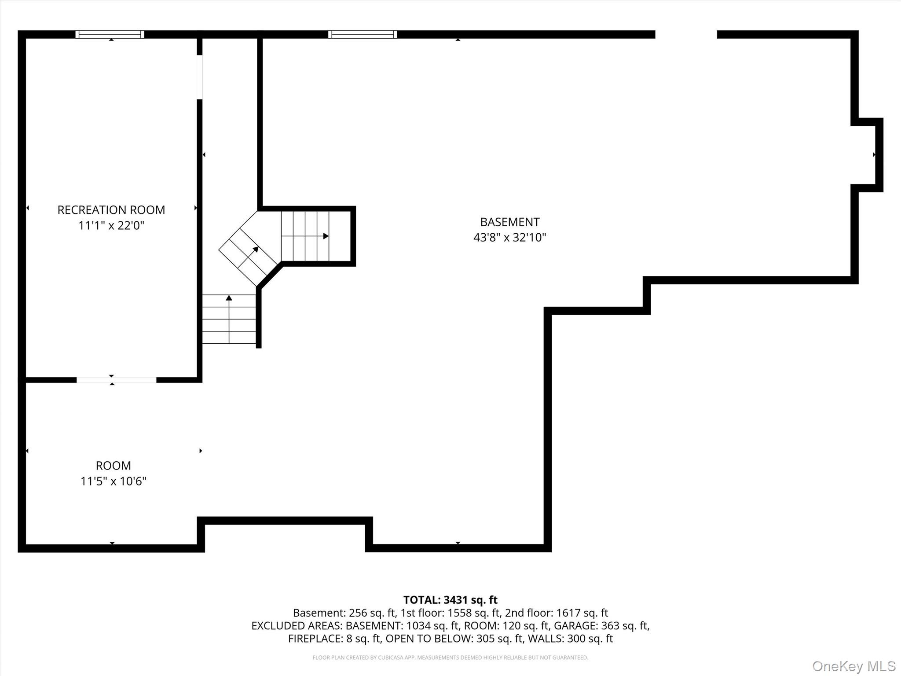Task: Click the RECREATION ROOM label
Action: coord(111,210)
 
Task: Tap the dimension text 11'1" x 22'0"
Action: coord(111,226)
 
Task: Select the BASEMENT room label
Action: coord(509,222)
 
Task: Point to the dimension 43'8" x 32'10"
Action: coord(509,238)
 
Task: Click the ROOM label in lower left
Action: coord(113,466)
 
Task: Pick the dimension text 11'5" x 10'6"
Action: coord(113,481)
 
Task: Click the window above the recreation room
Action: coord(110,34)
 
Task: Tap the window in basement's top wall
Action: coord(363,34)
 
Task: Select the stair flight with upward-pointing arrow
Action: coord(229,319)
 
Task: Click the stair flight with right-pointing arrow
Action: coord(305,236)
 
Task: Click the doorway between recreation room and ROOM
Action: coord(116,380)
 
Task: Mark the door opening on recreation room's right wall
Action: coord(199,77)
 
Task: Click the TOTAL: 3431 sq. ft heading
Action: coord(450,600)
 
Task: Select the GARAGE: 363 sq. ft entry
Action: coord(601,625)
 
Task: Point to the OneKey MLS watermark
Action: coord(853,666)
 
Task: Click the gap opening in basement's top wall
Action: coord(686,34)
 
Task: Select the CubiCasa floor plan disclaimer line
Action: coord(450,658)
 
